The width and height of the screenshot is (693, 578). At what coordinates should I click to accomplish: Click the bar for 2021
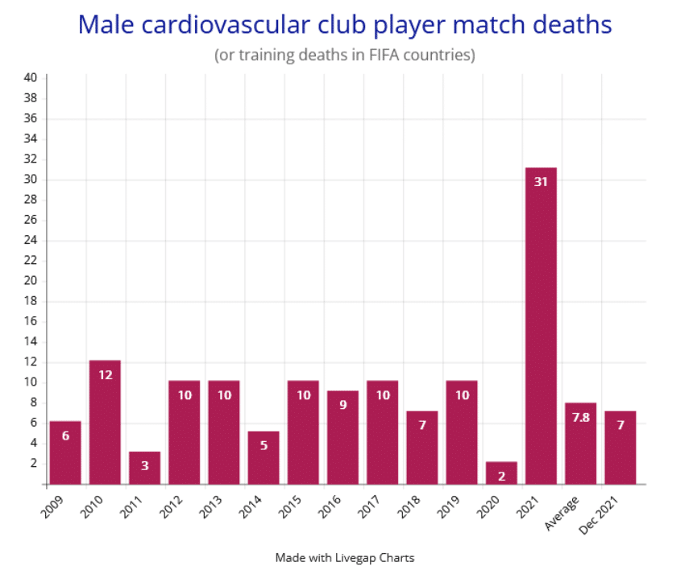pyautogui.click(x=541, y=326)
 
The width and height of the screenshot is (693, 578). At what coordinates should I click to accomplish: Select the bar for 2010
pyautogui.click(x=105, y=423)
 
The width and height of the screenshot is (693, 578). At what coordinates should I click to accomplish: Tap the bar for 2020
pyautogui.click(x=501, y=473)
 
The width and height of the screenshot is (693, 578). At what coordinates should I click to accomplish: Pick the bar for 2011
pyautogui.click(x=144, y=468)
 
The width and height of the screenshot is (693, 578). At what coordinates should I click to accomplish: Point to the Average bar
pyautogui.click(x=580, y=444)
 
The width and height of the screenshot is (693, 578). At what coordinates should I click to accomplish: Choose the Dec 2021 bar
pyautogui.click(x=620, y=448)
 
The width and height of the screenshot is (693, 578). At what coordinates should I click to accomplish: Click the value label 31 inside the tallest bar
pyautogui.click(x=541, y=182)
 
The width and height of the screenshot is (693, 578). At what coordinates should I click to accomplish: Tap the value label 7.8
pyautogui.click(x=580, y=417)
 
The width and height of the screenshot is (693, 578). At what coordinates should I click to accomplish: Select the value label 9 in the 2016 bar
pyautogui.click(x=342, y=405)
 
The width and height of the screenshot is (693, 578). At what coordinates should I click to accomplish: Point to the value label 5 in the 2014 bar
pyautogui.click(x=264, y=445)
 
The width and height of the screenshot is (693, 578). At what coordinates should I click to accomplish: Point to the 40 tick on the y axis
pyautogui.click(x=30, y=78)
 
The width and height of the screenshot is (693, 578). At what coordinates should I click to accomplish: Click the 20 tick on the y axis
pyautogui.click(x=30, y=281)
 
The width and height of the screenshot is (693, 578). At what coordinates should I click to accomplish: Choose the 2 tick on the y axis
pyautogui.click(x=33, y=464)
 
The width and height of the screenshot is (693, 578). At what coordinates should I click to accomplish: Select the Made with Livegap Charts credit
pyautogui.click(x=345, y=557)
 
